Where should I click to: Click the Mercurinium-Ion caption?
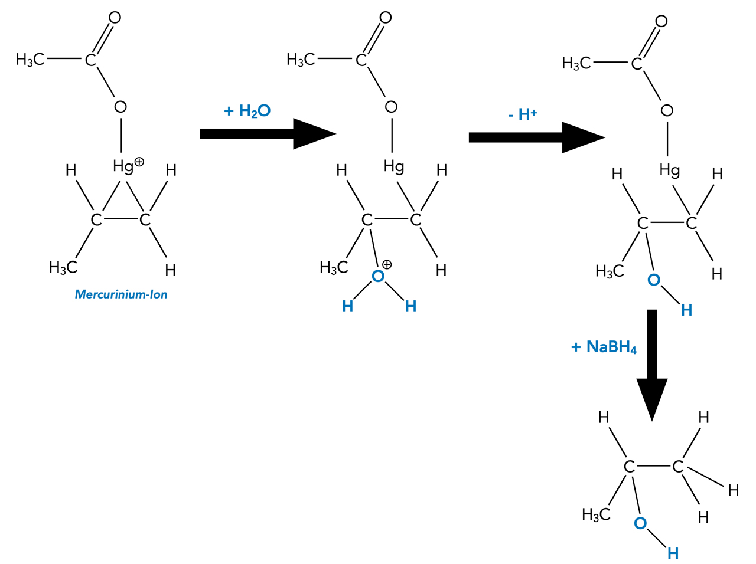click(x=121, y=294)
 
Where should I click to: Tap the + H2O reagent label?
click(x=247, y=111)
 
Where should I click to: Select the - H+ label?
click(x=522, y=114)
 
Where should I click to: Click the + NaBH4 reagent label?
click(x=604, y=347)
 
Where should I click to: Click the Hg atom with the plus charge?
click(x=123, y=167)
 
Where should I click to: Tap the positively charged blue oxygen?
click(x=378, y=276)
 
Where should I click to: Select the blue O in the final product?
click(x=640, y=523)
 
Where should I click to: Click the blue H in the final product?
click(x=673, y=553)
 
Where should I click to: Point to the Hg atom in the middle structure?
click(x=394, y=167)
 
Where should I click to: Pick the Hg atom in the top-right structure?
click(x=670, y=170)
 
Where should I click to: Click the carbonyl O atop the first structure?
click(x=115, y=18)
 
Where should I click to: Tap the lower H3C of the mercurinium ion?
click(x=63, y=268)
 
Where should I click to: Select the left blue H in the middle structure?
click(x=347, y=306)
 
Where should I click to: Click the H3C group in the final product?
click(x=596, y=515)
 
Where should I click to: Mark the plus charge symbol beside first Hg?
click(x=139, y=161)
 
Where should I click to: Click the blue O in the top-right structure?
click(x=654, y=280)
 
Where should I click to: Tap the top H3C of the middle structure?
click(x=301, y=60)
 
